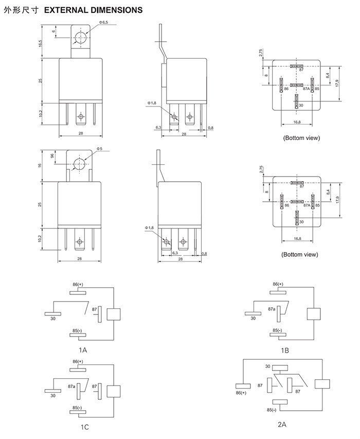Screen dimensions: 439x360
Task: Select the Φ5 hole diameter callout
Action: click(100, 149)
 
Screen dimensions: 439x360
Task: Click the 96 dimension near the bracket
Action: click(52, 156)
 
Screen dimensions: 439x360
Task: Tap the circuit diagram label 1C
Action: click(84, 427)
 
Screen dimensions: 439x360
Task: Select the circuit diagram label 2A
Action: click(282, 425)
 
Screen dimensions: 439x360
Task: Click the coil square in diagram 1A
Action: click(113, 313)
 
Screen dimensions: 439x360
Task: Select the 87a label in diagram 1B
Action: click(272, 309)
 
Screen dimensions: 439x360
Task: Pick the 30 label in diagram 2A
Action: click(267, 366)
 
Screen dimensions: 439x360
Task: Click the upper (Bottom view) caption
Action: click(301, 138)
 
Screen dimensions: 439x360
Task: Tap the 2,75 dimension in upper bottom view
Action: click(261, 53)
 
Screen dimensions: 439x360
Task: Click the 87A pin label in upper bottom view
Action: click(307, 89)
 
